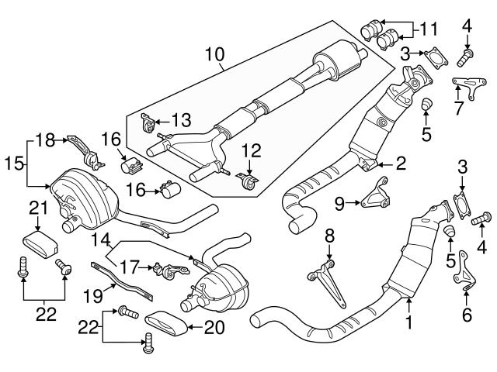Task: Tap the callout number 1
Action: [x=407, y=319]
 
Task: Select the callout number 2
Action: [x=401, y=163]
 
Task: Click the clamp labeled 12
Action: [x=248, y=183]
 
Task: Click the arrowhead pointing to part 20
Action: [x=191, y=327]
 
